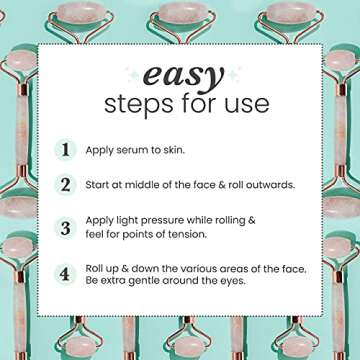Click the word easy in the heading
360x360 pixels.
coord(180,75)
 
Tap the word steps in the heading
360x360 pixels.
coord(146,103)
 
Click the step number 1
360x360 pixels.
coord(66,149)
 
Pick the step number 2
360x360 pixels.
coord(66,184)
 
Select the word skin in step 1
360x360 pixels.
coord(185,149)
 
